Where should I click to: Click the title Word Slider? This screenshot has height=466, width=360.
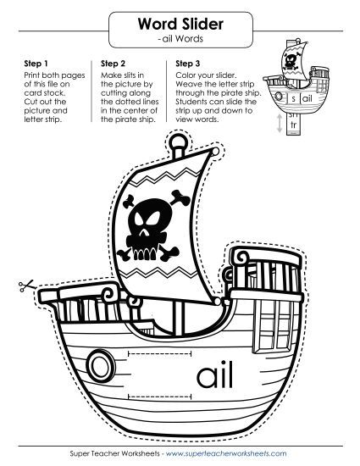(180, 24)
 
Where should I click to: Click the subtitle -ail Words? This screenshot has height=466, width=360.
(180, 39)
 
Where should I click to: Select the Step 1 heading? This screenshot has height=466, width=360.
(36, 64)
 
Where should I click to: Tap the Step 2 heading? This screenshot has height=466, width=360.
(114, 64)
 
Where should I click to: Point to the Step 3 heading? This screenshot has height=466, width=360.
(188, 64)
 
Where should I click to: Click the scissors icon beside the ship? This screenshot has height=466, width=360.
(26, 286)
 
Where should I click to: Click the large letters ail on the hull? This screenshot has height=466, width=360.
(214, 374)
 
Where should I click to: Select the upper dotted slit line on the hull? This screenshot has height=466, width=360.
(159, 353)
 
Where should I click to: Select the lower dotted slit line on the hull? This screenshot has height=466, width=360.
(159, 397)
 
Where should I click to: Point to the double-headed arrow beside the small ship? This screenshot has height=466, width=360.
(280, 123)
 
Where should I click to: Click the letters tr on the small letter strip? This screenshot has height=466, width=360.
(293, 125)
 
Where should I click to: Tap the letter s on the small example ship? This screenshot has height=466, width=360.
(293, 98)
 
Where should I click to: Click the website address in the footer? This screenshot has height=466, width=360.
(226, 453)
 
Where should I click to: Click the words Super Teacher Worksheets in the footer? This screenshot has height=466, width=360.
(114, 453)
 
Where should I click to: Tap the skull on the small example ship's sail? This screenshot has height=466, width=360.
(290, 62)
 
